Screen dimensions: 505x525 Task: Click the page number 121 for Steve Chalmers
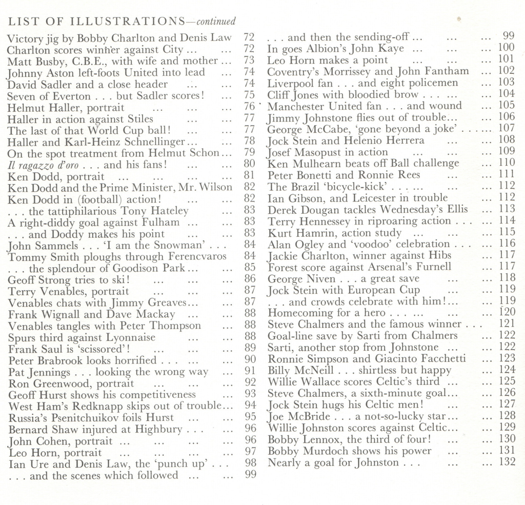(x=507, y=324)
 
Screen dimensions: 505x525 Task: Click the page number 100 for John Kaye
(x=506, y=49)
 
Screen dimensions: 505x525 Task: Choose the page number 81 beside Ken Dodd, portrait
(x=250, y=176)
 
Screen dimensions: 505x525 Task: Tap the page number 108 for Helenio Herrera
(x=507, y=140)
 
